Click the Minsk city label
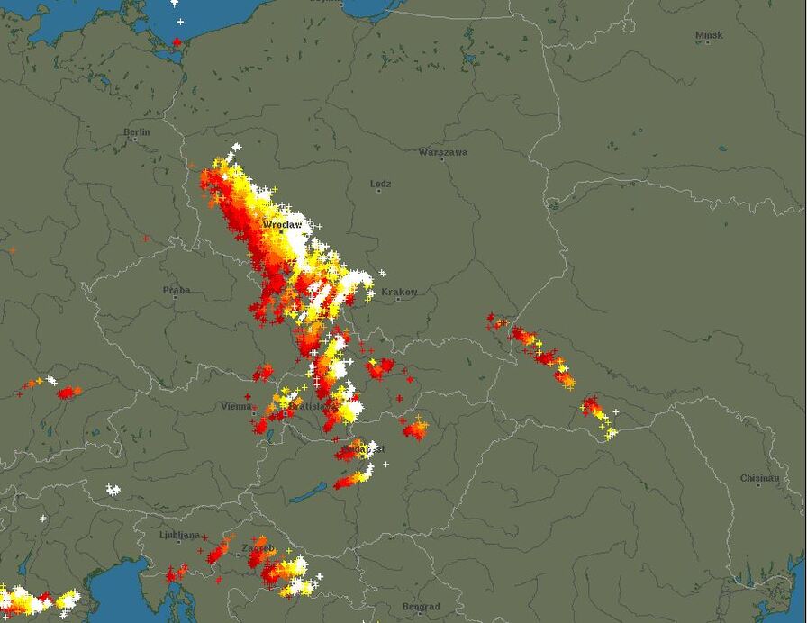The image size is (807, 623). click(708, 36)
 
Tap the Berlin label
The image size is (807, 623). click(137, 132)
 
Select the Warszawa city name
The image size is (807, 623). click(442, 152)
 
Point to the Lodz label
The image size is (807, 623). click(381, 184)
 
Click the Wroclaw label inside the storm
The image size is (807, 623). click(281, 223)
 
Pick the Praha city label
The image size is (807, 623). click(177, 290)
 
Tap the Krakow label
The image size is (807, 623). click(399, 292)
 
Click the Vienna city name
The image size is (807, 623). click(236, 406)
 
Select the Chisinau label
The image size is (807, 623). click(759, 478)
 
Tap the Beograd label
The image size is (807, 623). click(421, 607)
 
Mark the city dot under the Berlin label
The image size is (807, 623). click(137, 140)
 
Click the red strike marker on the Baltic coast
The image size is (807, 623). click(177, 41)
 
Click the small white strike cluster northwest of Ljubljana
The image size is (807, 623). click(113, 490)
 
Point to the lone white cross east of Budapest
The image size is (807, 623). click(386, 465)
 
